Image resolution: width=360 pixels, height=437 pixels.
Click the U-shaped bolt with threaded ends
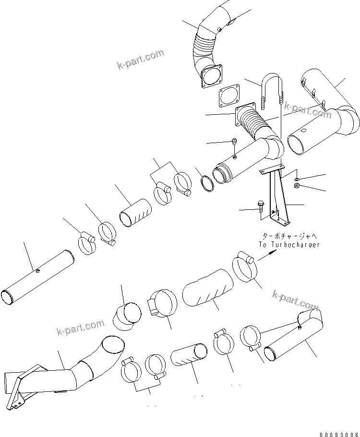[x=271, y=91]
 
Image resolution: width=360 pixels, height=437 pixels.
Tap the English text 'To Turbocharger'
[x=289, y=244]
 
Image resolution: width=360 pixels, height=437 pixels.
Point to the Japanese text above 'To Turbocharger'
[x=289, y=236]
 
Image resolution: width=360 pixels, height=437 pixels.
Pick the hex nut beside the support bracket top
[x=297, y=185]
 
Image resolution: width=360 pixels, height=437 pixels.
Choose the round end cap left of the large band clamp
[x=127, y=316]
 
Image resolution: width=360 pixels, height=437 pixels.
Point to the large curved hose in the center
[x=206, y=287]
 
